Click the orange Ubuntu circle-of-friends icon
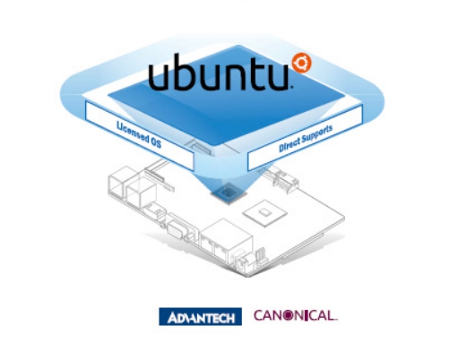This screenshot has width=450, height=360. [302, 63]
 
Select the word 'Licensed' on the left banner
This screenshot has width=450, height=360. [133, 133]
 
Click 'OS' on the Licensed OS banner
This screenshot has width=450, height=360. [156, 143]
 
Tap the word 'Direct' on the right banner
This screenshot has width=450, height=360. [290, 145]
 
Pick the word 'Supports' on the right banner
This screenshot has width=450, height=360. [317, 134]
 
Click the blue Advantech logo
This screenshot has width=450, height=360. [200, 316]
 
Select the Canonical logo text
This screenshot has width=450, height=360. [296, 315]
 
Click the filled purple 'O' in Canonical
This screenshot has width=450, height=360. [288, 316]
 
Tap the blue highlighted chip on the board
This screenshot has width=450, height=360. [229, 193]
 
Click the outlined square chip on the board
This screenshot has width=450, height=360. [264, 213]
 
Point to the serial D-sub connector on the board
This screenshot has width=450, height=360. [176, 230]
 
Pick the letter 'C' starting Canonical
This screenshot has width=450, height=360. [258, 315]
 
